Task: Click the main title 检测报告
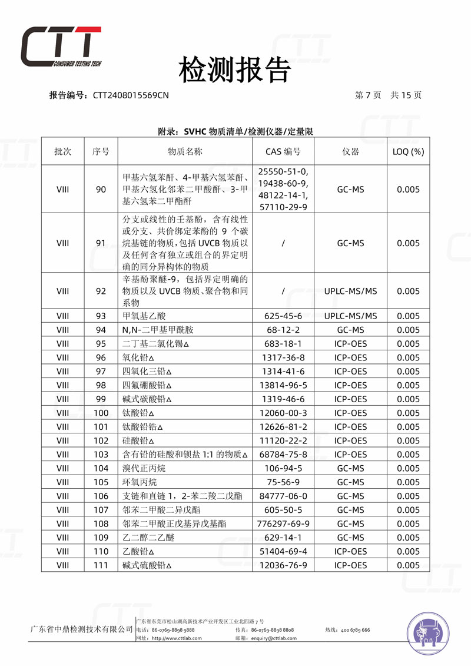235,71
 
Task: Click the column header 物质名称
185,151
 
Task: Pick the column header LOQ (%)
408,151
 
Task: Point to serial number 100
101,413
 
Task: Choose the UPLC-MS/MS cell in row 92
350,291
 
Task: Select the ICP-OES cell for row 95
350,344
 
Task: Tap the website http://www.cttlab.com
177,638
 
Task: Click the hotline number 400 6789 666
355,630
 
